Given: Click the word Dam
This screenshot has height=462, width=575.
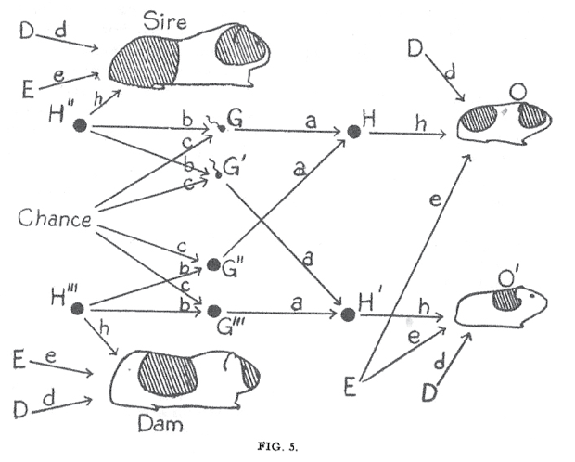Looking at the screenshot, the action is point(160,424).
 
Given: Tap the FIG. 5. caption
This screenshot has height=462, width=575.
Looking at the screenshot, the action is point(277,446).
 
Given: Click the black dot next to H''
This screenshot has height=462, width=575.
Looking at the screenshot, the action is point(80,125).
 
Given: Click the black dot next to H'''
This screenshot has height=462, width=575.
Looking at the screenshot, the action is point(78,309).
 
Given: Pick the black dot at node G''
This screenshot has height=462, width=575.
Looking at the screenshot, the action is point(213,264).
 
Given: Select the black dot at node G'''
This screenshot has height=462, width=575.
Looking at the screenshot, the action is point(213,311).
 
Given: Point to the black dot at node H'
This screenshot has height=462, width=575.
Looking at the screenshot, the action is point(347,314).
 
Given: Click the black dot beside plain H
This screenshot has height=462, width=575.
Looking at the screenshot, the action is point(353,132).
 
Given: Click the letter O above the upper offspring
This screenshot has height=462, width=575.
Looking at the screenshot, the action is point(517,92).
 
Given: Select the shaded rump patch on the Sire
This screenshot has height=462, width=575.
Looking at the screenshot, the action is point(145,62).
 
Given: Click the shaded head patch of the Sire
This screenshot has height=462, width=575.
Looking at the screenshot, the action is point(241,45).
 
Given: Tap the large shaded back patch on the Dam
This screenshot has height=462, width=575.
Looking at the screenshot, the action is point(168,374).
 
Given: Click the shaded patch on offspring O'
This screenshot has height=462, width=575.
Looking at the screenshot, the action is point(506,299).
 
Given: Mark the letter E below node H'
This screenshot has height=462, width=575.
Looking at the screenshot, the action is point(350,387).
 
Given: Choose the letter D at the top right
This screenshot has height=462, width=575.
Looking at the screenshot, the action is point(415,49).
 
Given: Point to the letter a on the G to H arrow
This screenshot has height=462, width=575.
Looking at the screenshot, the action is point(311,121).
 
